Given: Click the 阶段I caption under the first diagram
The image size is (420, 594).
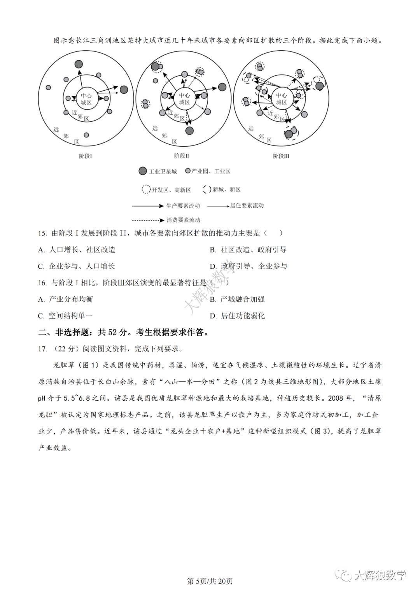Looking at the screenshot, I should pyautogui.click(x=85, y=156).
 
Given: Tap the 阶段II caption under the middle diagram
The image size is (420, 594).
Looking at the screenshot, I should pyautogui.click(x=181, y=156).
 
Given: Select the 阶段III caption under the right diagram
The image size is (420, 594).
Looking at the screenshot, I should pyautogui.click(x=281, y=156).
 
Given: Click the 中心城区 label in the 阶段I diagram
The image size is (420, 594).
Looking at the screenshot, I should pyautogui.click(x=86, y=99).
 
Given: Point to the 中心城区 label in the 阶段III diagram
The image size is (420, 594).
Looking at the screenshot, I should pyautogui.click(x=281, y=98).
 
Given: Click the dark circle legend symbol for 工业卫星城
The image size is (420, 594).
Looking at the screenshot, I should pyautogui.click(x=143, y=171).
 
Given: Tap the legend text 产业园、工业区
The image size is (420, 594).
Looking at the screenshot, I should pyautogui.click(x=211, y=171).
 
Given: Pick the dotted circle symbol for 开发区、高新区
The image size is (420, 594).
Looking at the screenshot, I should pyautogui.click(x=146, y=189).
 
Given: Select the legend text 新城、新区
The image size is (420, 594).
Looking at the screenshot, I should pyautogui.click(x=226, y=189).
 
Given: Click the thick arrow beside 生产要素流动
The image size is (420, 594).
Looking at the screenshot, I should pyautogui.click(x=147, y=206).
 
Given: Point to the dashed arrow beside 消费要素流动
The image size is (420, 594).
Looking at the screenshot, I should pyautogui.click(x=147, y=220).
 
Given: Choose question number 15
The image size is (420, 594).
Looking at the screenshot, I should pyautogui.click(x=42, y=233).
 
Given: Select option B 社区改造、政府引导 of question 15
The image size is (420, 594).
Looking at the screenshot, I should pyautogui.click(x=248, y=250).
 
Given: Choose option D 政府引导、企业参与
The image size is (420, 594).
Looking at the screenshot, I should pyautogui.click(x=248, y=266).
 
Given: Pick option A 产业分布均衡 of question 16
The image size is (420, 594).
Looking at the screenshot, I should pyautogui.click(x=66, y=299).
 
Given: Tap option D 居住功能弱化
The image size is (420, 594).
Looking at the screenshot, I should pyautogui.click(x=238, y=316).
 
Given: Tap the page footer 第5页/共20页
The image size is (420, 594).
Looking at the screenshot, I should pyautogui.click(x=210, y=581).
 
